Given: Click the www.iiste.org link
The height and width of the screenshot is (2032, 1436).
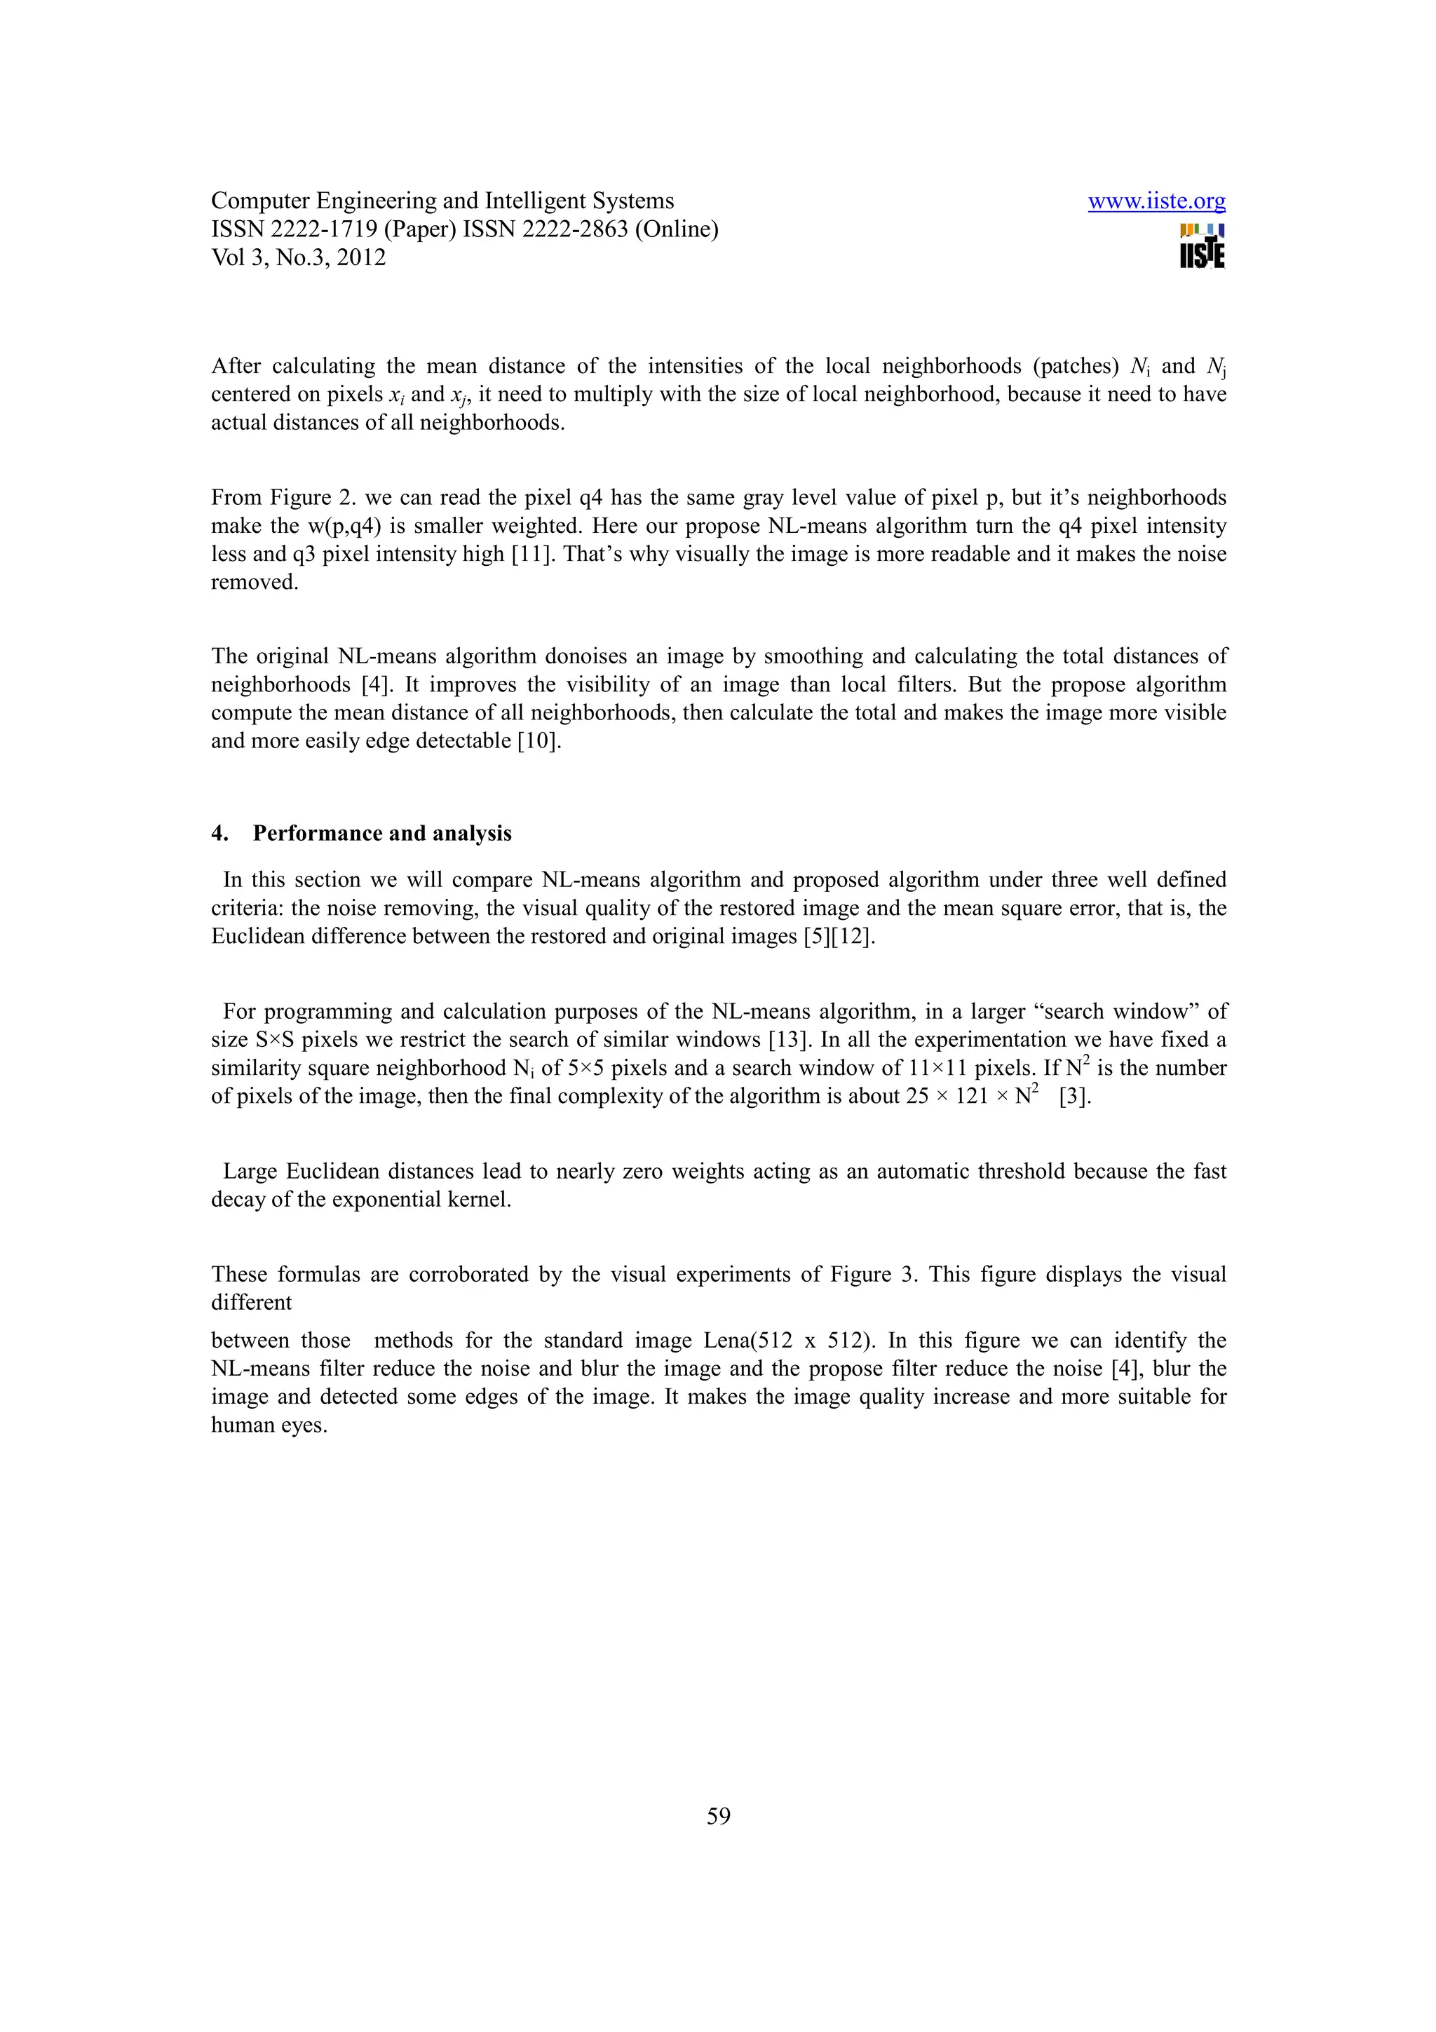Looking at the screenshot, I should coord(1156,202).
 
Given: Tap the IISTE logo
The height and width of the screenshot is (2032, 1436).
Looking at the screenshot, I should coord(1202,246).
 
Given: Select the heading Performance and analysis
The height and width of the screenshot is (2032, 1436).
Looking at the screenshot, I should coord(382,834).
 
